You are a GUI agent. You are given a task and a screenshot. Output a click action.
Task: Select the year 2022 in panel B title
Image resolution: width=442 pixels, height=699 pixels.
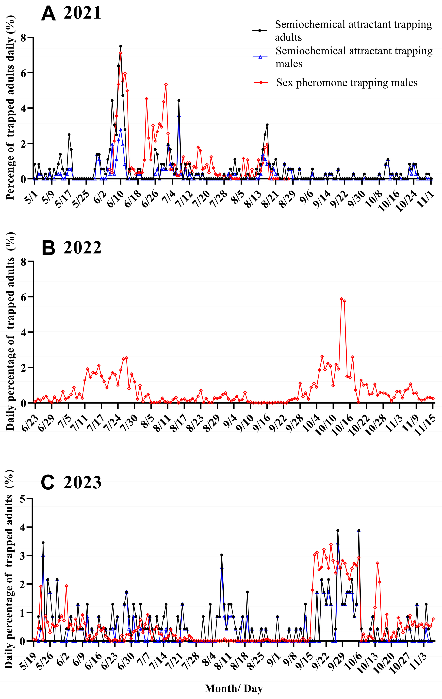click(x=82, y=248)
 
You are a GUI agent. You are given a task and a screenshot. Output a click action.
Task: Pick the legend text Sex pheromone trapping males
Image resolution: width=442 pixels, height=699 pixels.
click(x=347, y=83)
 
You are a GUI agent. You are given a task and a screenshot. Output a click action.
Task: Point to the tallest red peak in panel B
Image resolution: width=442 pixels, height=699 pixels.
click(x=342, y=299)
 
